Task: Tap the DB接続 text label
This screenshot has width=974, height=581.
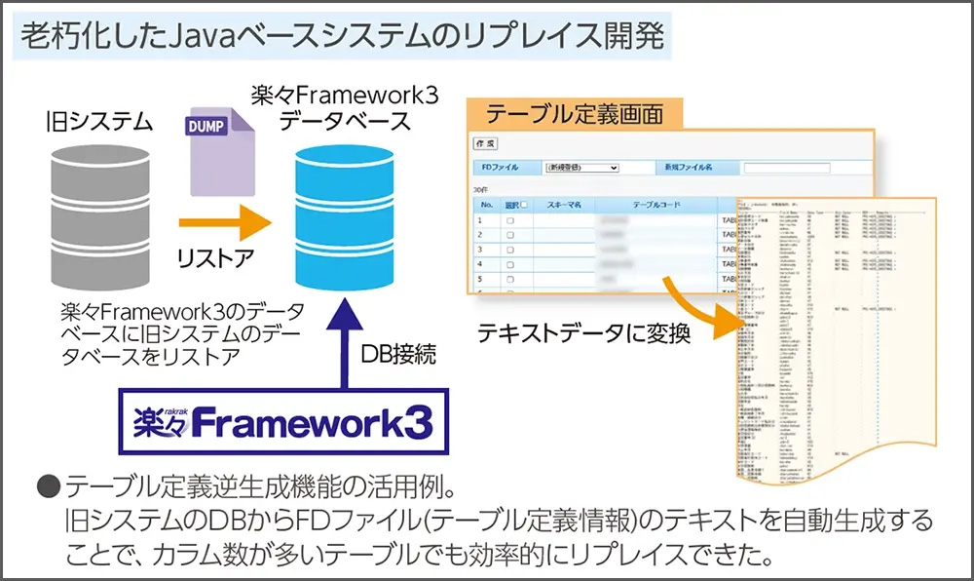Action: tap(398, 354)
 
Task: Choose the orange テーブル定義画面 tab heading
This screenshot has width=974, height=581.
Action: tap(575, 114)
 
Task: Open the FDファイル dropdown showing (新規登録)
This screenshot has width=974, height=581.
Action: tap(581, 168)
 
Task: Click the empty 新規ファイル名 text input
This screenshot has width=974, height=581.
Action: tap(786, 168)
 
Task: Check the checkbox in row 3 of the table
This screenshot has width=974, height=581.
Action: tap(510, 251)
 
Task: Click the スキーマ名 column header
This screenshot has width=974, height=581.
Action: tap(564, 206)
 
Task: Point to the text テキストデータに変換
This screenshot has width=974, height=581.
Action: tap(583, 334)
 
